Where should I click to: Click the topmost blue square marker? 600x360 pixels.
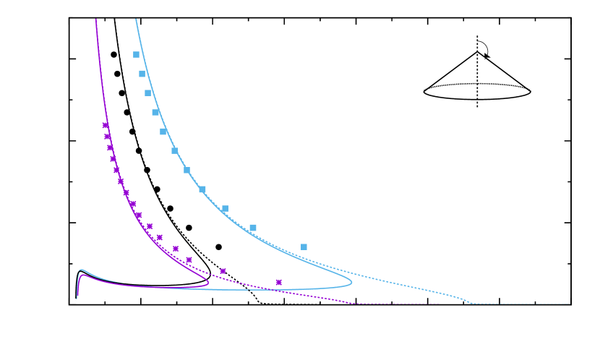[136, 54]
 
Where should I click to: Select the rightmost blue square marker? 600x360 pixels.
[304, 247]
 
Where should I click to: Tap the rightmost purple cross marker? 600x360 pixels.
[278, 282]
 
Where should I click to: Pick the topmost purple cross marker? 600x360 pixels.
[105, 125]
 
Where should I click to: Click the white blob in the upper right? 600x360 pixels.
[481, 49]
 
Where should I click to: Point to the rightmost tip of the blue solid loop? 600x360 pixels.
[352, 283]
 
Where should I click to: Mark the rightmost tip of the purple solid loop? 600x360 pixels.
[208, 283]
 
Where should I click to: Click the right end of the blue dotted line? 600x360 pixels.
[570, 304]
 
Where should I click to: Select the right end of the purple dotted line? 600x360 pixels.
[439, 304]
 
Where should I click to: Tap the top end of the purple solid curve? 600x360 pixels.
[96, 20]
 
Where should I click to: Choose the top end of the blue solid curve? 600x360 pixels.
[136, 20]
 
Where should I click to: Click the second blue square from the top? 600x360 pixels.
[142, 74]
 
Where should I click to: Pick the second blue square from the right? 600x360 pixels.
[253, 228]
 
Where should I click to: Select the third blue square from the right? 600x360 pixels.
[225, 208]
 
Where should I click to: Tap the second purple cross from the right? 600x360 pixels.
[223, 271]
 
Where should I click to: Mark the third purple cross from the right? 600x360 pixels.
[189, 260]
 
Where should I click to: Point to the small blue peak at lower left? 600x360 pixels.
[81, 270]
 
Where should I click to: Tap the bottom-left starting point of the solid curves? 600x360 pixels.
[77, 298]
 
